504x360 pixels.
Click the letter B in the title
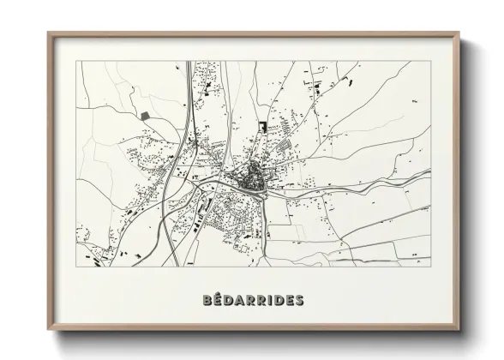point(209,301)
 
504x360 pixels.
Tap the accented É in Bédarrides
point(219,301)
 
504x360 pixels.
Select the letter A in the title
point(241,301)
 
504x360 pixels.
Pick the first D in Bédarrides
point(230,301)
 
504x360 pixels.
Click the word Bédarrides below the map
point(253,301)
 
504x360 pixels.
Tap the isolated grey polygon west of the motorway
point(143,114)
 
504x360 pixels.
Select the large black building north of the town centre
point(261,126)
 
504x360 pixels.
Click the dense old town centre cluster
point(253,180)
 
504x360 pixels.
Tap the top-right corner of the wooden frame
point(458,33)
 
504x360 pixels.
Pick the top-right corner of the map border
point(431,61)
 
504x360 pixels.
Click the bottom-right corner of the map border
point(431,266)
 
